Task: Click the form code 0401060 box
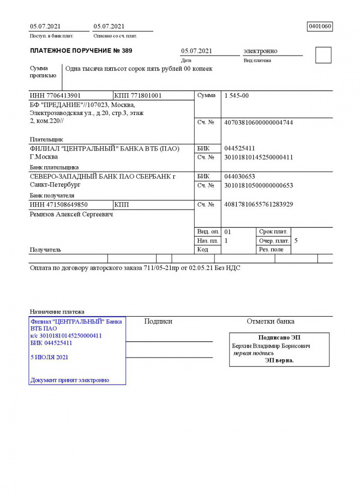pos(320,26)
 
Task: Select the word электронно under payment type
pos(260,51)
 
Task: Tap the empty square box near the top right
pos(323,55)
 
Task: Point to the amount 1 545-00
pos(237,95)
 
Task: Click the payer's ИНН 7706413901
pos(55,95)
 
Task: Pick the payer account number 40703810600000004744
pos(259,122)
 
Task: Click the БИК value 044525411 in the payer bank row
pos(239,148)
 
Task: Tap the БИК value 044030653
pos(239,177)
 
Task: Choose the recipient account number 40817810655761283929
pos(259,204)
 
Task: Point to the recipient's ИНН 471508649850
pos(58,204)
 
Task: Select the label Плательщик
pos(46,140)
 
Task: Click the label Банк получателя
pos(52,195)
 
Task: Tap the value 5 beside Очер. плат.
pos(296,240)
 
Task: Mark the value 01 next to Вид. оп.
pos(228,232)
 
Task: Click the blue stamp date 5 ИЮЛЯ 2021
pos(50,357)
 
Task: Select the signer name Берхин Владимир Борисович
pos(271,346)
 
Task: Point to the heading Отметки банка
pos(271,321)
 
